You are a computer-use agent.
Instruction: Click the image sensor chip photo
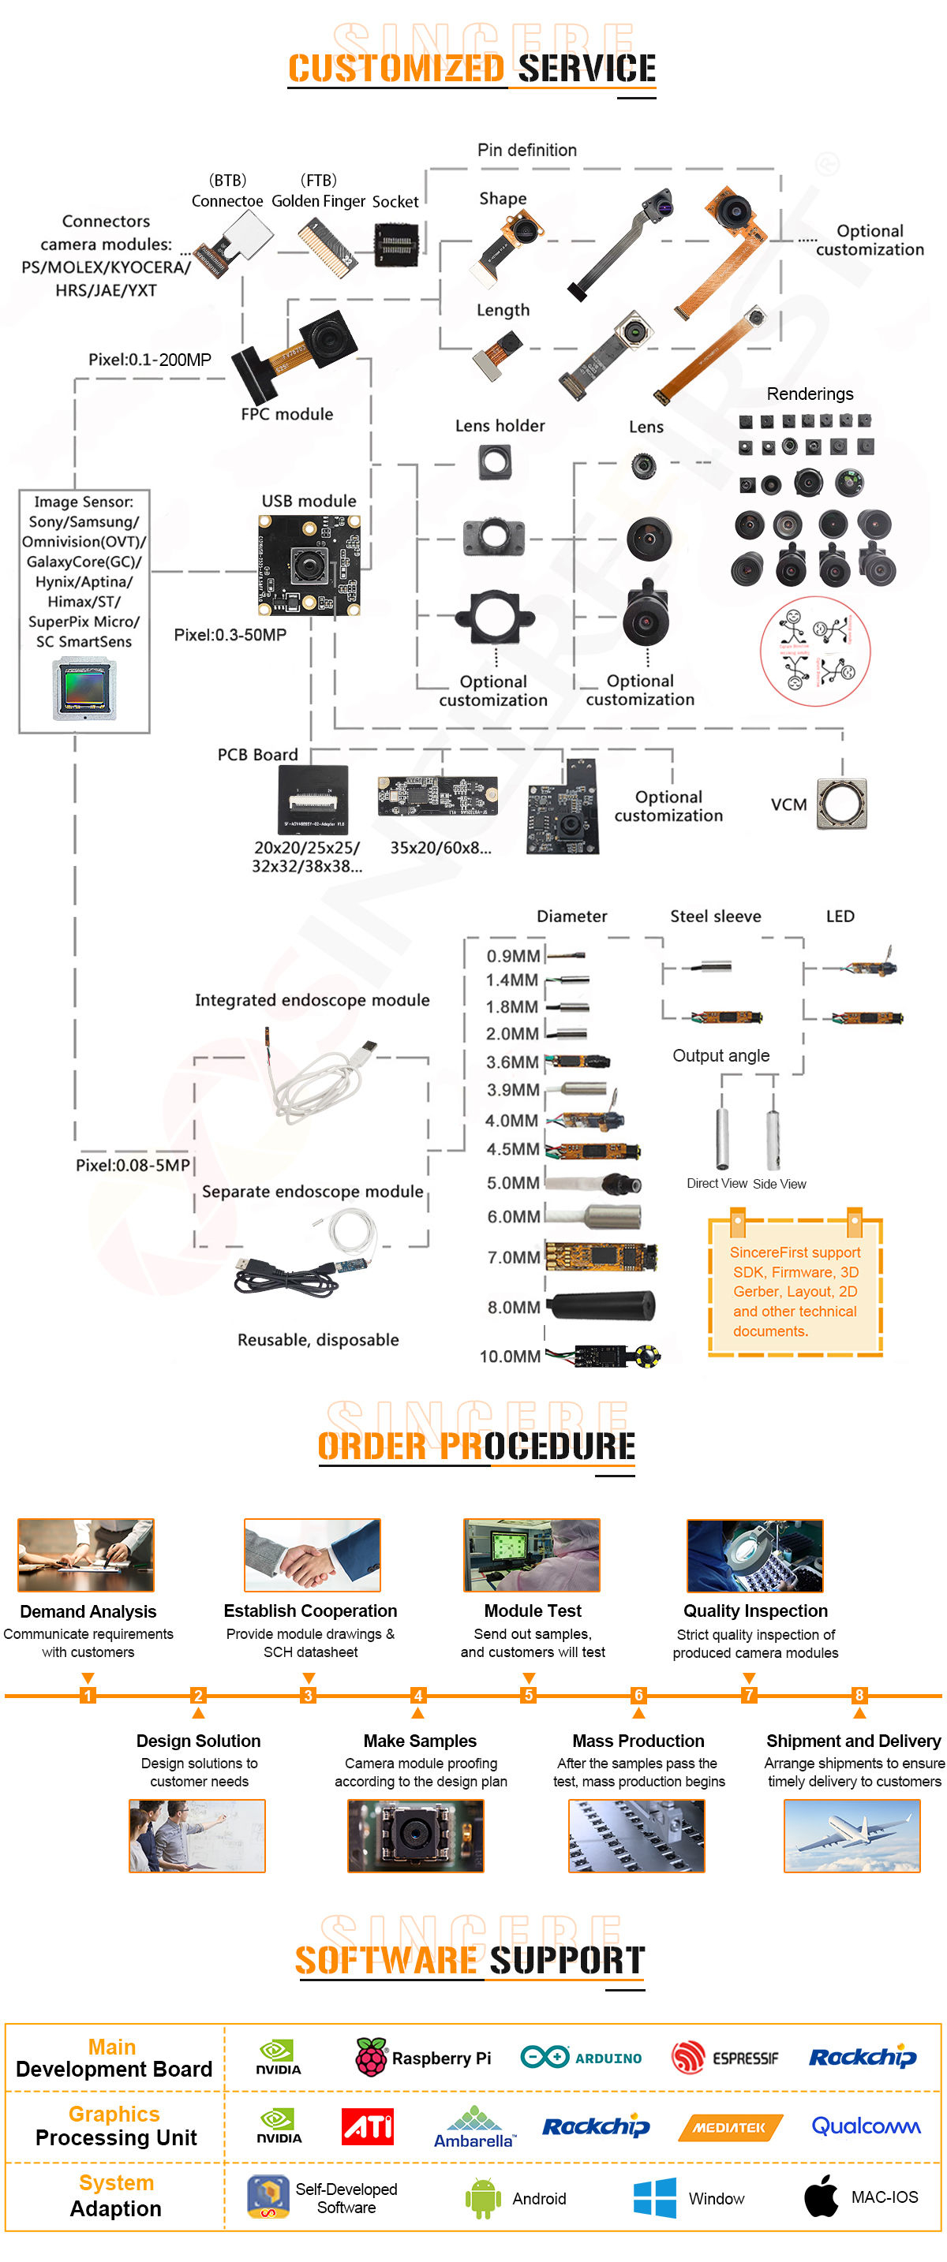[x=84, y=690]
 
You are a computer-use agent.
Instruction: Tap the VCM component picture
[x=841, y=804]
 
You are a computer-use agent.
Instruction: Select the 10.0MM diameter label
[x=510, y=1357]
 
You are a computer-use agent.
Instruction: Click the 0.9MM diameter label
[x=513, y=956]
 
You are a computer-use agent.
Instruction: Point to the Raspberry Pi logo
[x=371, y=2058]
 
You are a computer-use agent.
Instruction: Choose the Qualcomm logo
[x=865, y=2126]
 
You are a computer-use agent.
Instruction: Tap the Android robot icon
[x=482, y=2198]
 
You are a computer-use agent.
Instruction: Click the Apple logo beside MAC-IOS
[x=822, y=2195]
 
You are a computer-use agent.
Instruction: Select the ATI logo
[x=367, y=2126]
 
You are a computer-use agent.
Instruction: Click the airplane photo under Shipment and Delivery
[x=852, y=1836]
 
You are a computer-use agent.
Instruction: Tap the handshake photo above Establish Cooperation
[x=312, y=1555]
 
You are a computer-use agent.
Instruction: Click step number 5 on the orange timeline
[x=528, y=1695]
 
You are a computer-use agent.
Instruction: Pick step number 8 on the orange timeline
[x=859, y=1695]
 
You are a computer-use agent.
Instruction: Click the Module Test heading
[x=533, y=1611]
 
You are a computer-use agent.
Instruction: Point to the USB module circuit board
[x=309, y=565]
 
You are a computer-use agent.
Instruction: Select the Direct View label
[x=716, y=1184]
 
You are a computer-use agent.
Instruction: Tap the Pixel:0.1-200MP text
[x=149, y=360]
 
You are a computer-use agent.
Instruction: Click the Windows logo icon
[x=654, y=2198]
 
